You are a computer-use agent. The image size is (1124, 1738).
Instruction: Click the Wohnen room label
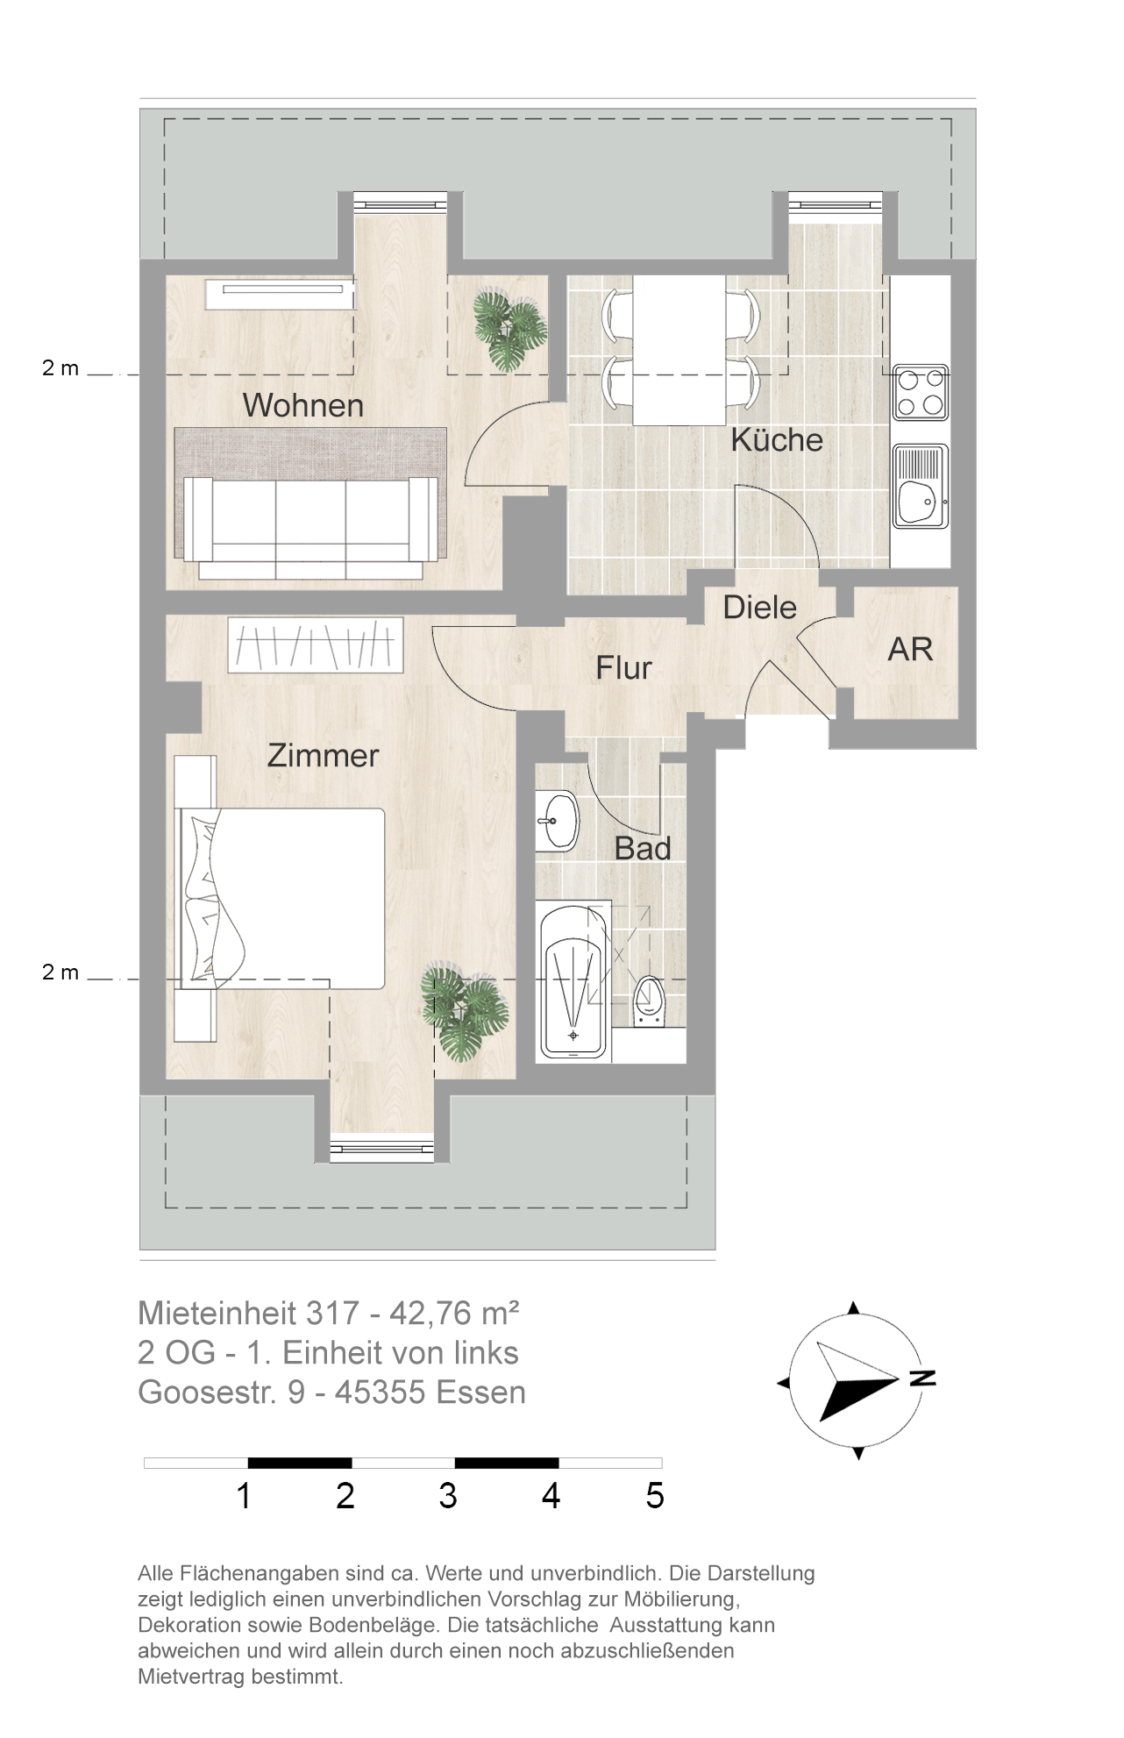302,405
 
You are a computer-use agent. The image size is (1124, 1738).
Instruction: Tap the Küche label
777,439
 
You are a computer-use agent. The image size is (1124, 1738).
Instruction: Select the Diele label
759,607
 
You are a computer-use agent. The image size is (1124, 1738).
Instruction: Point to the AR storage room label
910,649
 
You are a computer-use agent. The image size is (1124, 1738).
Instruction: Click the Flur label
623,668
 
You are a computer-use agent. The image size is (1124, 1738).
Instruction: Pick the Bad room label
643,848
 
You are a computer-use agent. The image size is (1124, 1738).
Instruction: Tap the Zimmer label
323,755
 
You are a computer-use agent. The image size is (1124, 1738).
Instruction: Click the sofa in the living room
311,527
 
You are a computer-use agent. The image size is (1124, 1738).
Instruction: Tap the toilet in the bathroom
649,1001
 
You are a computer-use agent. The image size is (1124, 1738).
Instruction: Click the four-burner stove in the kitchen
921,392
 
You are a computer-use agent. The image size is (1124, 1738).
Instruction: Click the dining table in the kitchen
679,351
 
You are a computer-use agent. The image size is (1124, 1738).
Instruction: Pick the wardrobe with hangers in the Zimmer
316,645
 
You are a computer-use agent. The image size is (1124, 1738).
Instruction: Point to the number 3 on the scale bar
448,1496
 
